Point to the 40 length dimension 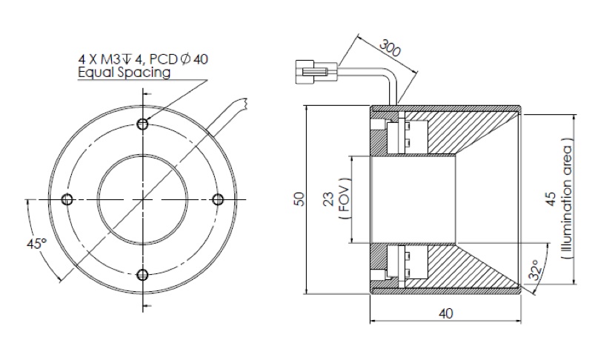point(445,313)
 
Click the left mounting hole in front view point(67,199)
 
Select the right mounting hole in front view point(217,199)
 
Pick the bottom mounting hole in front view point(142,275)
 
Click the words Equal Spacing point(124,73)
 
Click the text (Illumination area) point(567,199)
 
